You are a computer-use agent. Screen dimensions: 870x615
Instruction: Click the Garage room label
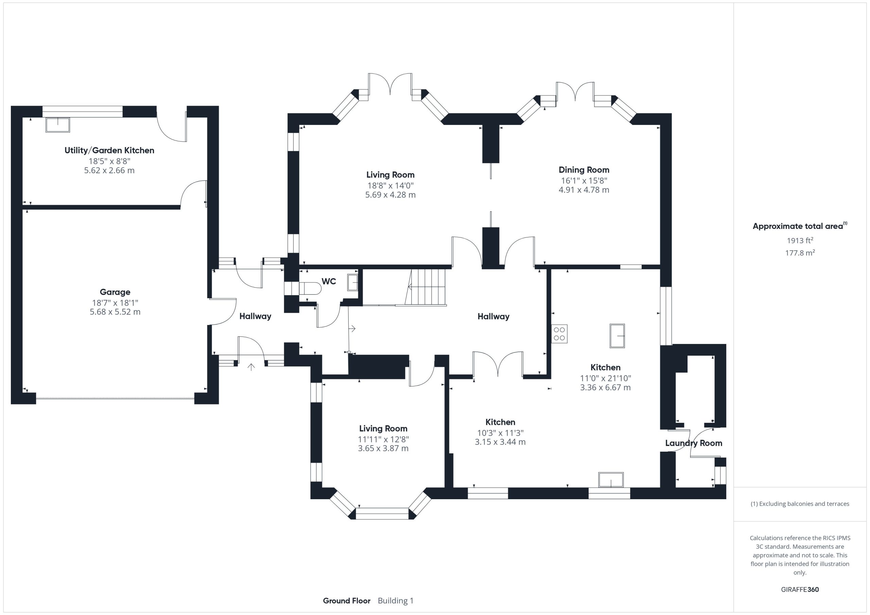click(x=115, y=292)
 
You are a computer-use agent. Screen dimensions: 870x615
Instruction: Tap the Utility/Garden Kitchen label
click(x=109, y=150)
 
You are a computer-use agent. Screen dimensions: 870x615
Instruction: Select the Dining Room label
click(x=584, y=170)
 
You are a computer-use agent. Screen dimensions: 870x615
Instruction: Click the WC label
click(x=329, y=282)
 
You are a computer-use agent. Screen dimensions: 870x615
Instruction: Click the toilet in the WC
click(x=310, y=288)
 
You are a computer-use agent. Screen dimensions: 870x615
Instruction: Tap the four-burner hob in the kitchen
click(x=559, y=333)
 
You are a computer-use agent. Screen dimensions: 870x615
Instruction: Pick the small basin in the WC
click(x=352, y=283)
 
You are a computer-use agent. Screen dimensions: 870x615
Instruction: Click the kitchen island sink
click(x=617, y=336)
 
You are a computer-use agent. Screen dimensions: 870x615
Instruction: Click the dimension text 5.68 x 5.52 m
click(x=115, y=312)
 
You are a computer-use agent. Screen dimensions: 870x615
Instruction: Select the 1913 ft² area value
click(x=800, y=240)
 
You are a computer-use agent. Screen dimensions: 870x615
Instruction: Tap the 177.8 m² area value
click(x=800, y=253)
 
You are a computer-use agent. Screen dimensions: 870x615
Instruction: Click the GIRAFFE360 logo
click(x=800, y=589)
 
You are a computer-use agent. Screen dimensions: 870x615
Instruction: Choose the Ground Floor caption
click(x=346, y=601)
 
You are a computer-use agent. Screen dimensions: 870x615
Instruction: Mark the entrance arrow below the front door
click(x=251, y=366)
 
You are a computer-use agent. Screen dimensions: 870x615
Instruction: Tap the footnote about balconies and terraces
click(x=800, y=504)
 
